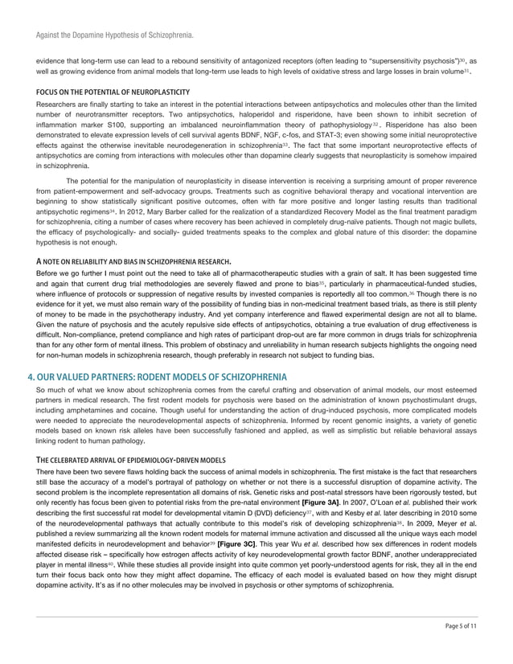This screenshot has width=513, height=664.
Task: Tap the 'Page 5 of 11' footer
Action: pos(462,647)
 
